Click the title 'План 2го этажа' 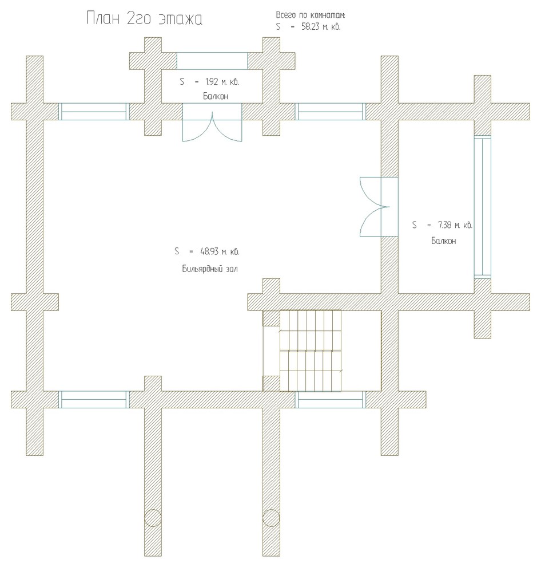(144, 18)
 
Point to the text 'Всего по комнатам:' (311, 15)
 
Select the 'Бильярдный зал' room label (210, 269)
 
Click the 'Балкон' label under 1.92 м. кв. (215, 96)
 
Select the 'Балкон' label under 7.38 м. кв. (443, 241)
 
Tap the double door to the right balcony (379, 207)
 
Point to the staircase (310, 351)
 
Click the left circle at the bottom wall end (153, 518)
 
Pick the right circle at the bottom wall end (271, 518)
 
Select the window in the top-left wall (94, 111)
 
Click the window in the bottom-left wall (94, 400)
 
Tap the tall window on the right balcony (483, 207)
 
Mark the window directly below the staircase (331, 400)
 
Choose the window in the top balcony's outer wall (212, 61)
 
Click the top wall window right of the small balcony (331, 111)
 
